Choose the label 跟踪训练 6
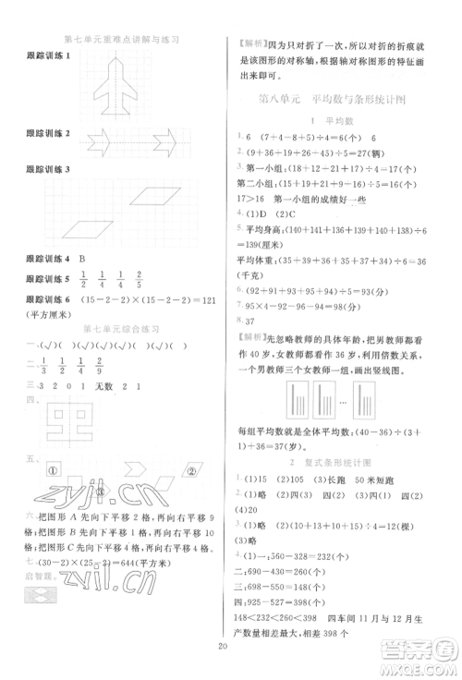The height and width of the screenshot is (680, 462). click(x=46, y=300)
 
